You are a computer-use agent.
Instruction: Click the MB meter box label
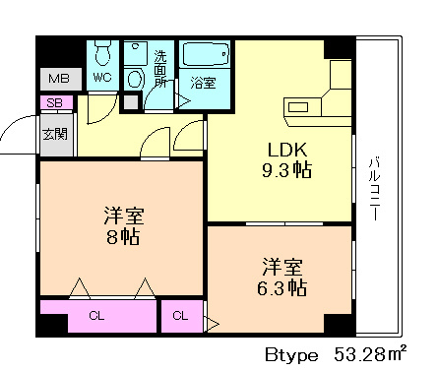coord(59,79)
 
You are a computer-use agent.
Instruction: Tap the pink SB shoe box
coord(56,102)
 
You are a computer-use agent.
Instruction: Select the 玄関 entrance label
coord(55,134)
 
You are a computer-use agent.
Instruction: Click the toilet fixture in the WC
coord(102,53)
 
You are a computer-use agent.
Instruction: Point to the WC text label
coord(102,78)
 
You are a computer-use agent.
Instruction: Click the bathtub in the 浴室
coord(206,54)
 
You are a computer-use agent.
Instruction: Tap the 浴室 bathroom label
coord(204,83)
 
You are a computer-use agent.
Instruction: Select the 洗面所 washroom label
coord(160,69)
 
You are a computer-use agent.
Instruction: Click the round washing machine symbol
coord(135,80)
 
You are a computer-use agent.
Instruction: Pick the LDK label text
coord(287,150)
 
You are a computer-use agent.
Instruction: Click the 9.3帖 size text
coord(286,170)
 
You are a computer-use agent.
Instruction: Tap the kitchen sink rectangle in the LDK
coord(298,107)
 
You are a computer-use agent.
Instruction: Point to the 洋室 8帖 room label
coord(124,226)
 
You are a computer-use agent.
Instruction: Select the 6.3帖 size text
coord(281,288)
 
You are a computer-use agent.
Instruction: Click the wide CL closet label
coord(96,316)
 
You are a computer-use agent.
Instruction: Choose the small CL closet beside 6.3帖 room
coord(182,316)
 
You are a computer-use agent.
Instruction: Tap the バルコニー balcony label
coord(374,190)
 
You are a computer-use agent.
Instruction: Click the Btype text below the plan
coord(291,355)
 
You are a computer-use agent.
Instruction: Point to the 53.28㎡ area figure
coord(371,353)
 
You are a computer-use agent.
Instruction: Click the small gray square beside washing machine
coord(131,102)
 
